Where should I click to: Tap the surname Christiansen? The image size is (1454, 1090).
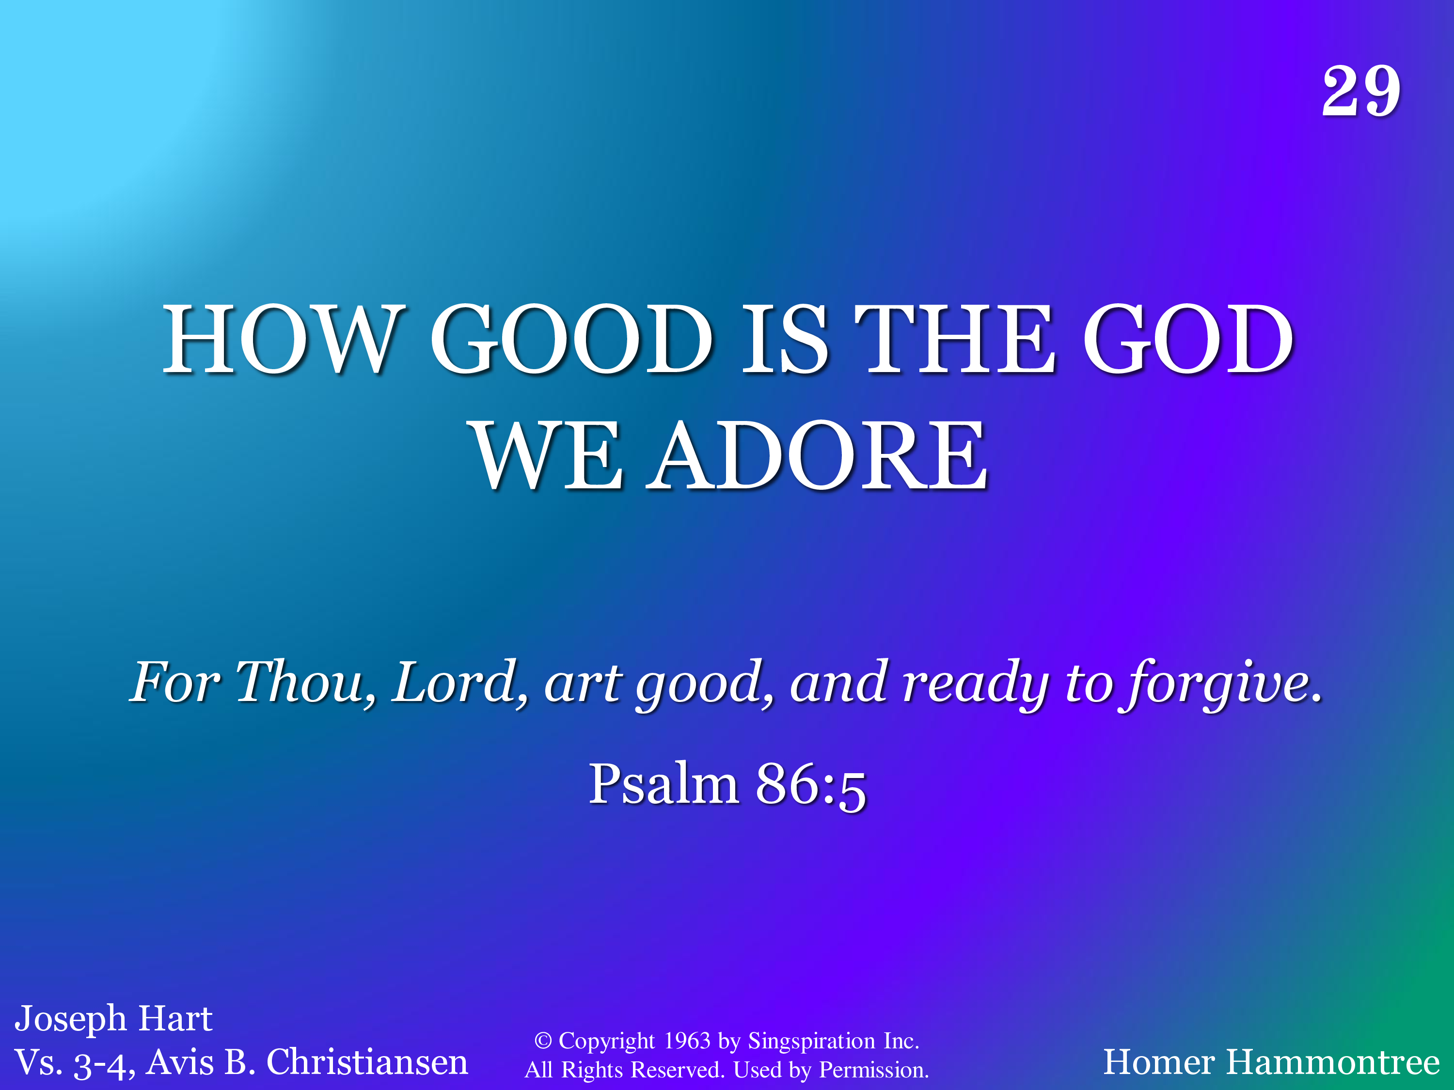point(367,1063)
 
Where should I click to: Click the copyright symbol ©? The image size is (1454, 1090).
point(542,1041)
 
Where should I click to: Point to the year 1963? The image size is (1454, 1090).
point(687,1041)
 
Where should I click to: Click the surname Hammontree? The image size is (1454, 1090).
point(1332,1063)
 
